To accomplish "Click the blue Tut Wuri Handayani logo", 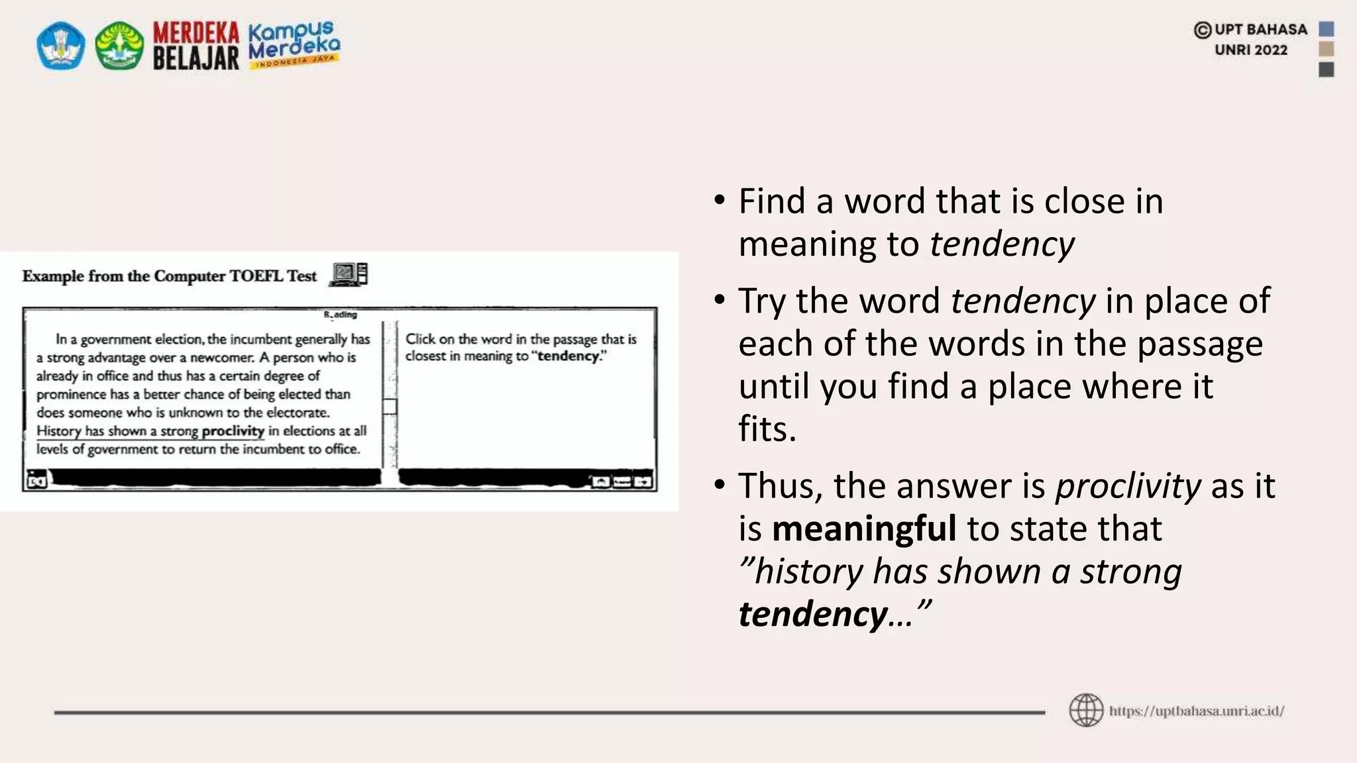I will click(60, 46).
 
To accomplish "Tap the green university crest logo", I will click(119, 46).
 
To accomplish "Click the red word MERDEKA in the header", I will click(195, 32).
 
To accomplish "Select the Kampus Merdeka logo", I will click(294, 44).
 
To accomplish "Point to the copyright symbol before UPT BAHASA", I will click(1202, 30).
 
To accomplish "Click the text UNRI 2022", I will click(1250, 50).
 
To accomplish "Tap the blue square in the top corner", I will click(1326, 29).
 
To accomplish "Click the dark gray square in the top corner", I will click(1326, 70).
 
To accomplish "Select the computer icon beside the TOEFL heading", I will click(349, 274).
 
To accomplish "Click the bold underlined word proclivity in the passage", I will click(233, 431).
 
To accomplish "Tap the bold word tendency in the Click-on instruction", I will click(568, 356).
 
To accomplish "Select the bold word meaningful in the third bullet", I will click(863, 529).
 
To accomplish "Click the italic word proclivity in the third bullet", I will click(1128, 485).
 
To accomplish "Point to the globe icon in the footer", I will click(1086, 711).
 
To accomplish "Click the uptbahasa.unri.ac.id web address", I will click(1197, 711).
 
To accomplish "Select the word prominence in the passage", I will click(71, 395).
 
